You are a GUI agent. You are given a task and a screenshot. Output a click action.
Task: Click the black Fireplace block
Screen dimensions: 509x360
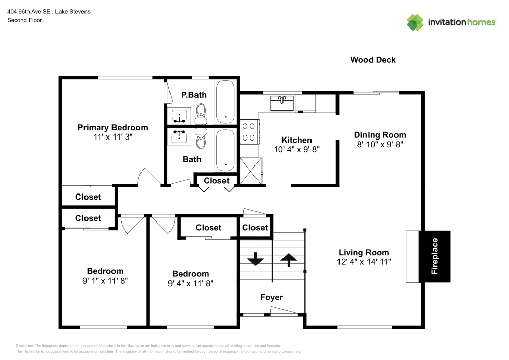point(435,256)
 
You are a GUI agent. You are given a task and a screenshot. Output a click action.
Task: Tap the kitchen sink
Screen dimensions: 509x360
point(282,103)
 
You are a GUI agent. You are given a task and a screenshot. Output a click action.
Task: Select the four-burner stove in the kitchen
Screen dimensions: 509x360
point(249,131)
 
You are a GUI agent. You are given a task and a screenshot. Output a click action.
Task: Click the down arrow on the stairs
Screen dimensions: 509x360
point(256,259)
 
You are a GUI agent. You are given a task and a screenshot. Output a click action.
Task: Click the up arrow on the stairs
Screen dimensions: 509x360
point(289,260)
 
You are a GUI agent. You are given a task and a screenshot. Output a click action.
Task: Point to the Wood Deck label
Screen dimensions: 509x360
point(373,60)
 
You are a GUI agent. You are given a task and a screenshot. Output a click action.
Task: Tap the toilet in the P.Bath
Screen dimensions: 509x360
point(201,114)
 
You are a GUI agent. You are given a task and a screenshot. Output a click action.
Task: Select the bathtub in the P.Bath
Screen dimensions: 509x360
point(225,102)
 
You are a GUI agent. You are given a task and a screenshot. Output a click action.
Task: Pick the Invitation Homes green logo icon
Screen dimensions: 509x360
point(415,22)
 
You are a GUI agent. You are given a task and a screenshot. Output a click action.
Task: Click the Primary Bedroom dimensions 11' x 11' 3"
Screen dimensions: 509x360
point(113,137)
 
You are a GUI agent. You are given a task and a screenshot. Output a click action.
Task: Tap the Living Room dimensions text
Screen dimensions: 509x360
point(364,262)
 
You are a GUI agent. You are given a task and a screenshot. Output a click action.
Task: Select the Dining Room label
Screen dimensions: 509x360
point(380,135)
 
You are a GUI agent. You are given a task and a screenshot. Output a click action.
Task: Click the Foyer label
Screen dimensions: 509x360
point(271,297)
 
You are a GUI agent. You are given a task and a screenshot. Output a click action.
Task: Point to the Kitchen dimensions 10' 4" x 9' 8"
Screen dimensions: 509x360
point(297,149)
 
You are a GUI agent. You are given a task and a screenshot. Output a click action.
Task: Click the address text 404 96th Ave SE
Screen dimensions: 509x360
point(29,12)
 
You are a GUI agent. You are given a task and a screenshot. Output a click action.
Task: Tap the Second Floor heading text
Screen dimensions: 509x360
point(24,20)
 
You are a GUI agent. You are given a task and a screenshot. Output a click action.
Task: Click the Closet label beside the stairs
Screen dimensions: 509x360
point(255,228)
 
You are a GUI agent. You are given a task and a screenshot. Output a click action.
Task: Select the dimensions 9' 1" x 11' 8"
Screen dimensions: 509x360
point(105,281)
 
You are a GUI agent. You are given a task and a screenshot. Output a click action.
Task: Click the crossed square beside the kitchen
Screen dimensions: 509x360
point(250,171)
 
